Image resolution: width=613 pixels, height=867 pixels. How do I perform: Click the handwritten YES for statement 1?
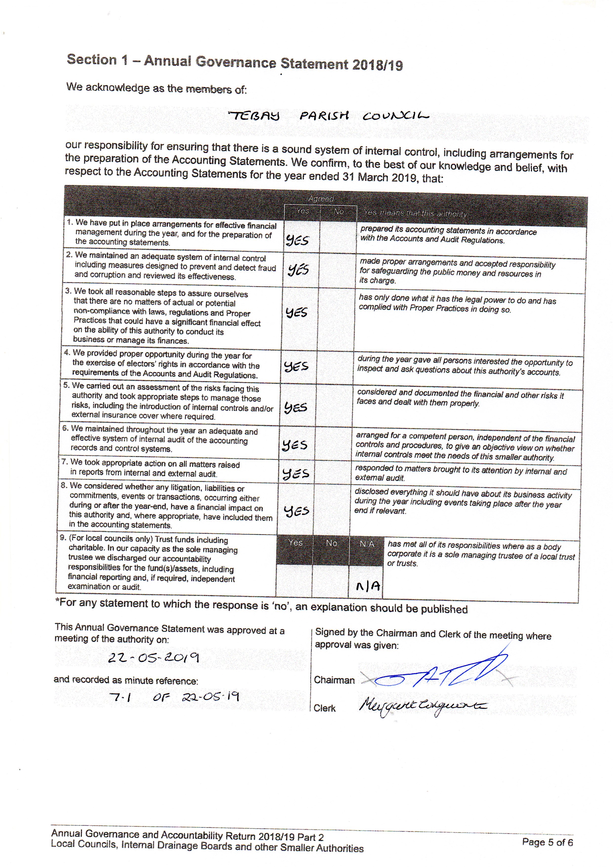pos(298,240)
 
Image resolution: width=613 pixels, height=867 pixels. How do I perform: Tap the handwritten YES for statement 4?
pos(296,366)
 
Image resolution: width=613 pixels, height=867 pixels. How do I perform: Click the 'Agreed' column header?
pos(321,199)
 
